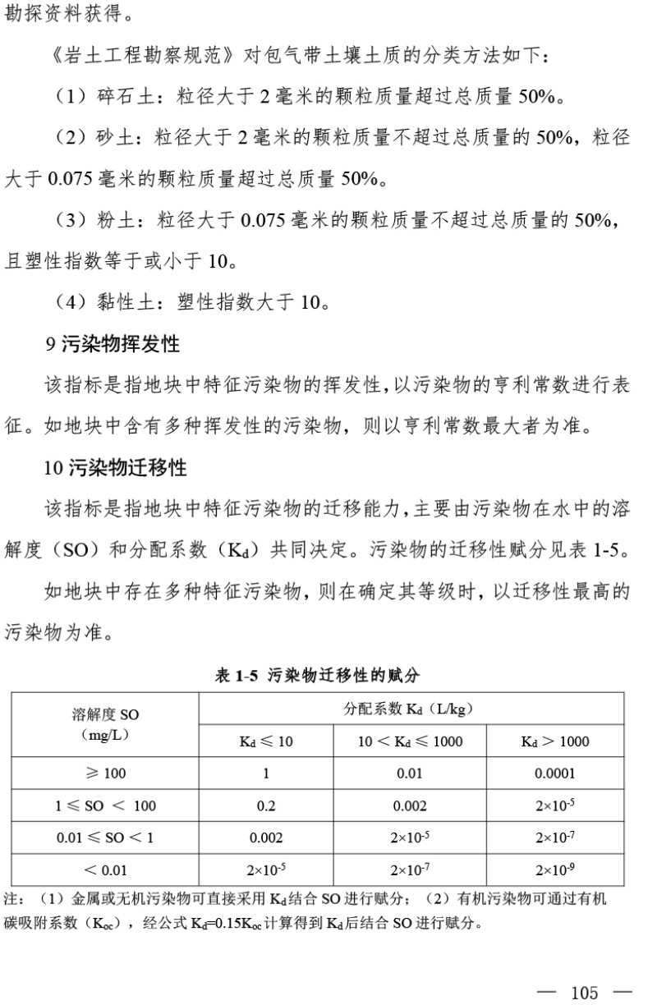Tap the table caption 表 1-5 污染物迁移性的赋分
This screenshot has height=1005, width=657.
tap(317, 676)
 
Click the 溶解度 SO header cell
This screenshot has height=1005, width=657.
tap(105, 724)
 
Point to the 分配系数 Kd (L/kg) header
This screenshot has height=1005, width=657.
tap(409, 709)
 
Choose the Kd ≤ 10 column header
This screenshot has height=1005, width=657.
tap(266, 741)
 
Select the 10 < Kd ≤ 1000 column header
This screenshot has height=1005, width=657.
tap(410, 741)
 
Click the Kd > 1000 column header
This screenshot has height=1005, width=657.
tap(555, 741)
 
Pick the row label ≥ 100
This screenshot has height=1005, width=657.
tap(105, 773)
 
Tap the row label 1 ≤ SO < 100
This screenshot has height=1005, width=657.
tap(105, 805)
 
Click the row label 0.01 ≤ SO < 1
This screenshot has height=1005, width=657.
tap(105, 837)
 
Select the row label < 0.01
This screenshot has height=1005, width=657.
tap(105, 870)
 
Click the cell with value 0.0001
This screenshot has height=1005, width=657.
tap(555, 773)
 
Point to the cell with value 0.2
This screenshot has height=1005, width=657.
tap(266, 805)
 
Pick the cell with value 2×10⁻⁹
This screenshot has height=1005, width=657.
tap(555, 870)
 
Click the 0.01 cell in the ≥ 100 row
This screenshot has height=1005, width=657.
tap(410, 773)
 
